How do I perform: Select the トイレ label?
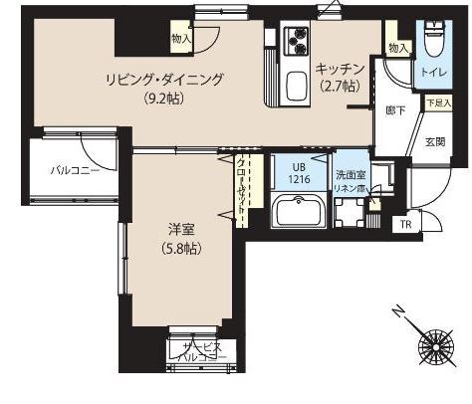point(432,73)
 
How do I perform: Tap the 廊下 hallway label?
point(394,111)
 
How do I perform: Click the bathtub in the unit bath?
point(299,212)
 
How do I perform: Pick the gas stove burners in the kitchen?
point(299,41)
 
